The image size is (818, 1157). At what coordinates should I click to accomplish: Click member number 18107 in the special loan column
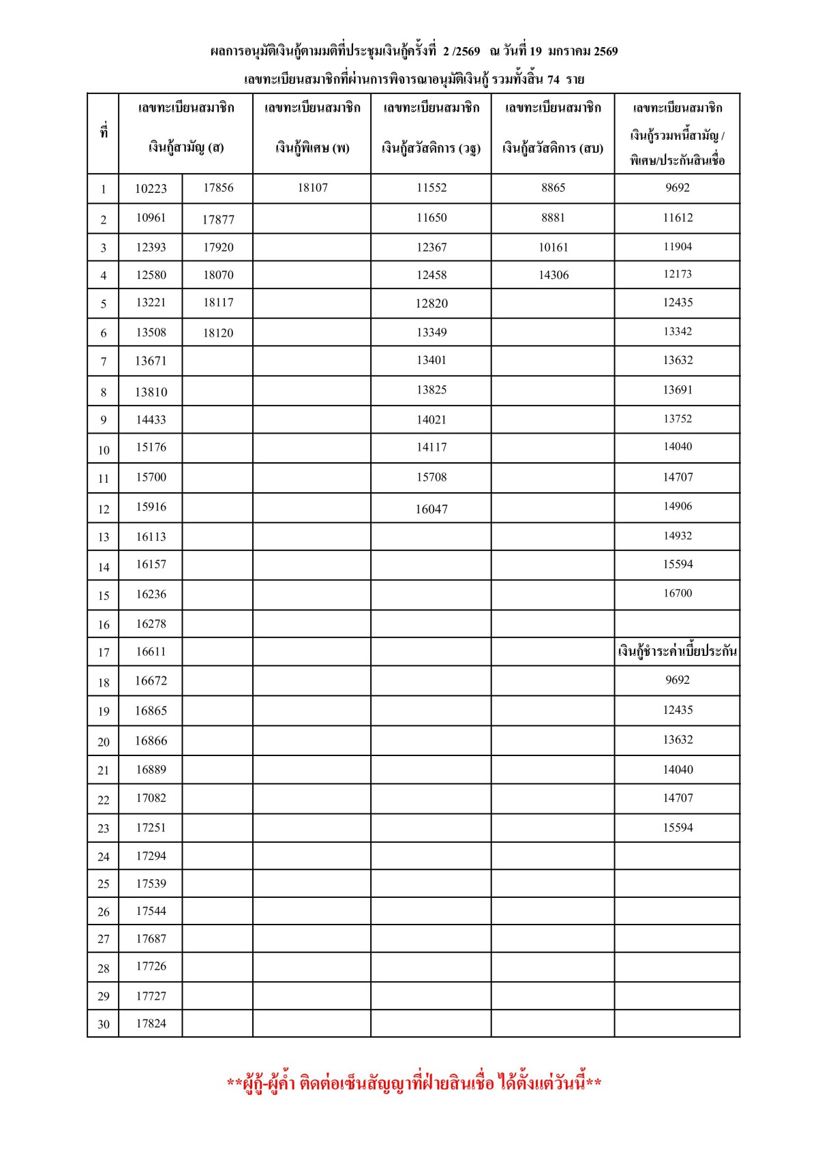[x=312, y=187]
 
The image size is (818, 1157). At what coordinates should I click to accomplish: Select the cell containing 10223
[x=151, y=189]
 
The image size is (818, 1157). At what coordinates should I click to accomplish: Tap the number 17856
[x=218, y=187]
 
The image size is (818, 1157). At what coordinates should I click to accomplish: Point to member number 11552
[x=431, y=187]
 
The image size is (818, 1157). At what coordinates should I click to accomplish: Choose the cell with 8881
[x=553, y=217]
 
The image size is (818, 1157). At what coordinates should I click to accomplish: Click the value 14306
[x=553, y=275]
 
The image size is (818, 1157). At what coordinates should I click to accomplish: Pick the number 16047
[x=431, y=509]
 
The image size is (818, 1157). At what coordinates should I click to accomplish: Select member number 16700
[x=678, y=593]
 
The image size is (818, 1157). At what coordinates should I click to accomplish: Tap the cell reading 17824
[x=151, y=1023]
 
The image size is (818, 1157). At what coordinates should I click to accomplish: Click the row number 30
[x=104, y=1024]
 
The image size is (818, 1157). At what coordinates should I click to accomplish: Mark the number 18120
[x=218, y=333]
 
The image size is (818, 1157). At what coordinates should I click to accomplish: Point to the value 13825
[x=431, y=390]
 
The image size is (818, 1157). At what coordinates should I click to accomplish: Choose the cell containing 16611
[x=151, y=652]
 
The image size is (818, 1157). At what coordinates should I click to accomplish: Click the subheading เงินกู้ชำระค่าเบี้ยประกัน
[x=678, y=652]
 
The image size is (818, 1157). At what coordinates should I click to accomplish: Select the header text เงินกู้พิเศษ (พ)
[x=312, y=147]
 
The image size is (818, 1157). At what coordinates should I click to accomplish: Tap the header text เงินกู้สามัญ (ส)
[x=186, y=147]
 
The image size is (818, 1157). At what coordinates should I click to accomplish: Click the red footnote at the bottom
[x=414, y=1083]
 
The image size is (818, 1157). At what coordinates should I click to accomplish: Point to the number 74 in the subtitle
[x=553, y=80]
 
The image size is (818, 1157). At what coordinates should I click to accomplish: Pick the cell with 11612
[x=678, y=217]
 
